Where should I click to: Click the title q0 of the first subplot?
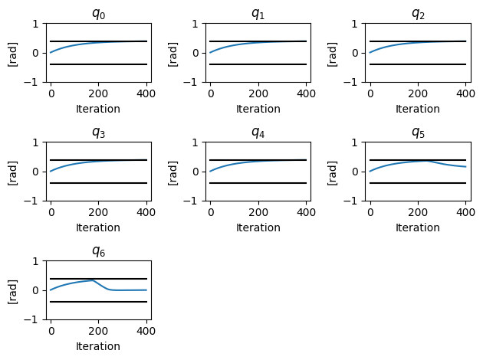[x=98, y=14]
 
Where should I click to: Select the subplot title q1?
[x=258, y=14]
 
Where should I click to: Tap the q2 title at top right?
[x=418, y=14]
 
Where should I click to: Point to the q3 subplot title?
[x=98, y=133]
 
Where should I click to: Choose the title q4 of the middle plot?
[x=258, y=133]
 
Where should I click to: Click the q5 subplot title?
[x=418, y=133]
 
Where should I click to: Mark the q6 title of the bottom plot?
[x=98, y=251]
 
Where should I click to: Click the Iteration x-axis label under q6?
[x=98, y=346]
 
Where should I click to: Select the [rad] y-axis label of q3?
[x=13, y=172]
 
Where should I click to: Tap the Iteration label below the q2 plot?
[x=418, y=109]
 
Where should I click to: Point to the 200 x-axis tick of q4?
[x=258, y=212]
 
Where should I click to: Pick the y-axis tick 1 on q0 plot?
[x=37, y=24]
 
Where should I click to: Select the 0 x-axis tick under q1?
[x=211, y=93]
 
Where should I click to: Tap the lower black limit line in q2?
[x=418, y=64]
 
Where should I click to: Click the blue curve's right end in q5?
[x=465, y=167]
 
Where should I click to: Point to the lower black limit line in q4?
[x=258, y=183]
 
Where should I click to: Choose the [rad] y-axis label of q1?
[x=172, y=53]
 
